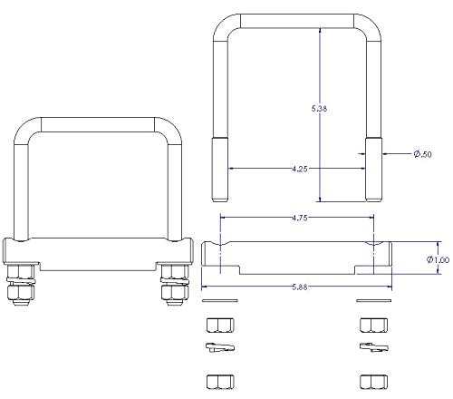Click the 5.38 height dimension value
pyautogui.click(x=319, y=109)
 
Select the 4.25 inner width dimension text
pyautogui.click(x=300, y=169)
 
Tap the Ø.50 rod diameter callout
pyautogui.click(x=422, y=154)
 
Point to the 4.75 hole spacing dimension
pyautogui.click(x=300, y=218)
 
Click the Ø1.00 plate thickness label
pyautogui.click(x=438, y=259)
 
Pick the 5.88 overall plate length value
pyautogui.click(x=300, y=287)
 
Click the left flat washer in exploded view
pyautogui.click(x=220, y=300)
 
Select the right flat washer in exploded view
pyautogui.click(x=374, y=300)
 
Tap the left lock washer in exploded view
pyautogui.click(x=220, y=347)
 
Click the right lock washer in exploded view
pyautogui.click(x=374, y=347)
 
